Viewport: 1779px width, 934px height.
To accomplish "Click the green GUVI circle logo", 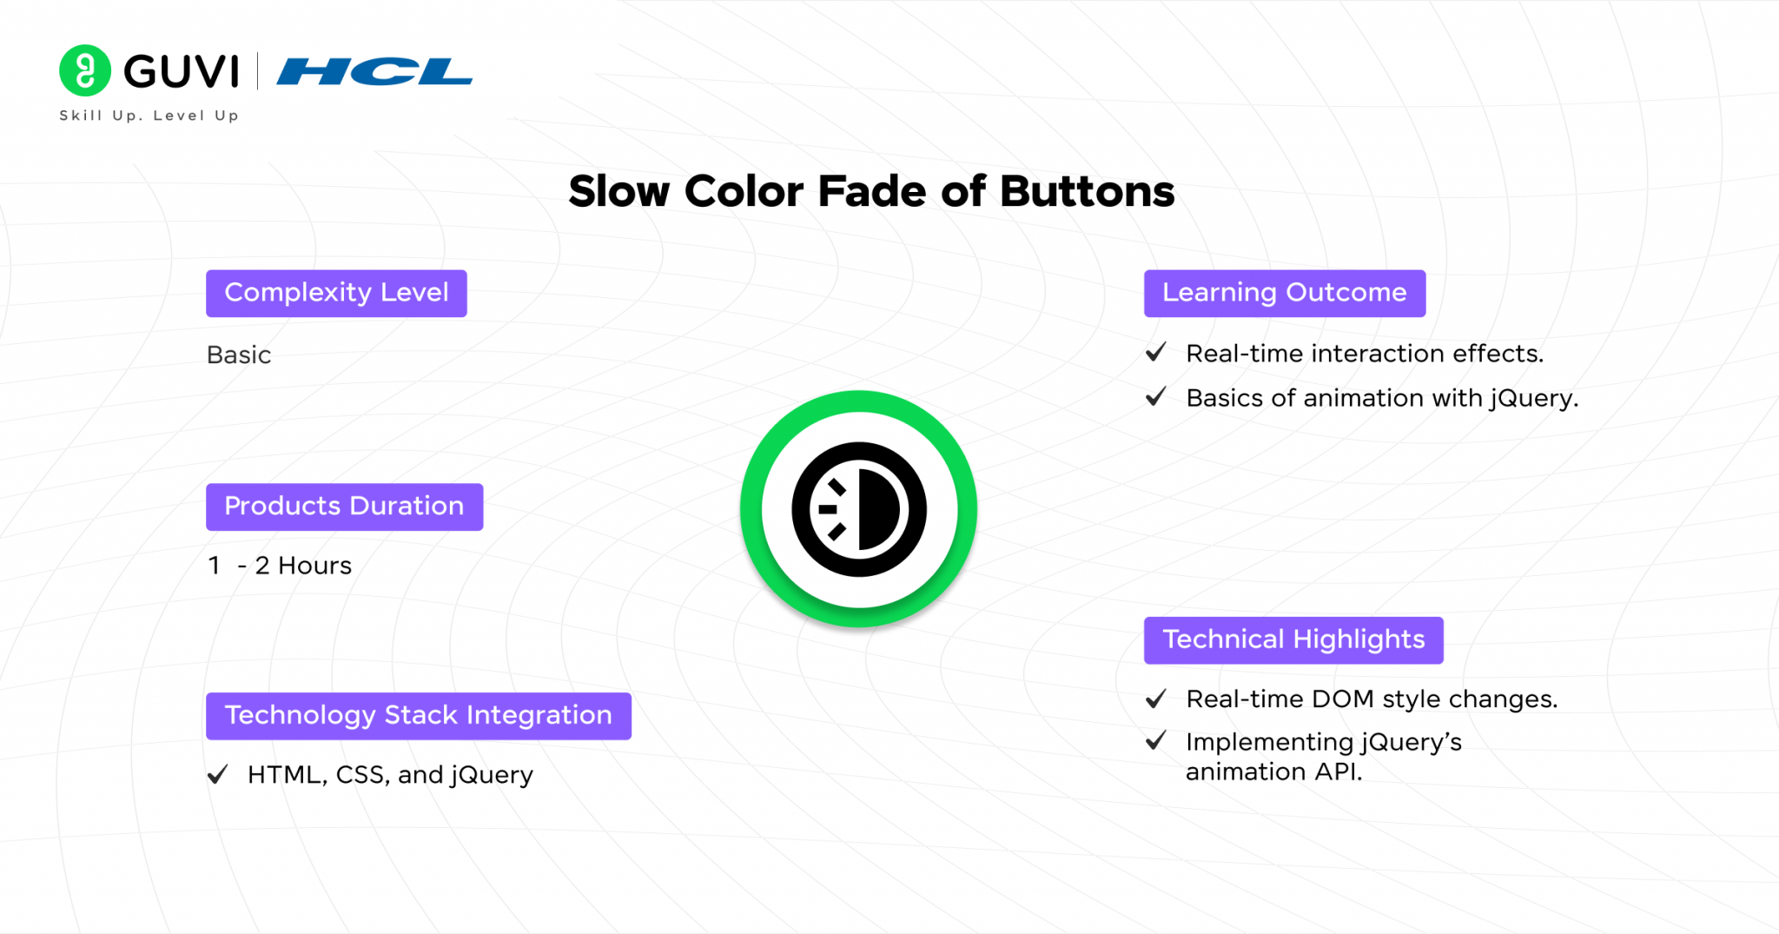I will [84, 70].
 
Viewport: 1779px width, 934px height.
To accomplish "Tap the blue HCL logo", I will [374, 71].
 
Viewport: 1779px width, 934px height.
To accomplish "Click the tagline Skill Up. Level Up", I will [149, 116].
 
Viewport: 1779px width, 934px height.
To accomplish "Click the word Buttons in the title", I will [1087, 191].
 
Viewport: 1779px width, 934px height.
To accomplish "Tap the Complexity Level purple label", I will [336, 293].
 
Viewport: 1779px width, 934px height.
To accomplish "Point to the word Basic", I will [239, 355].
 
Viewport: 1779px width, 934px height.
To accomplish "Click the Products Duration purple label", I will [344, 507].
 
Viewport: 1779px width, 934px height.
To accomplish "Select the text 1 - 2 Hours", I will [280, 566].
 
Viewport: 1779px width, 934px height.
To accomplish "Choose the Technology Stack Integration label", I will [418, 716].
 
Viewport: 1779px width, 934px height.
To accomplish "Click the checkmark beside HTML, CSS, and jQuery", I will [217, 774].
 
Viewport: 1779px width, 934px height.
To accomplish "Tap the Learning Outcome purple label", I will [1284, 293].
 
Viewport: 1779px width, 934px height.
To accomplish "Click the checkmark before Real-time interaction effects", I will [1155, 353].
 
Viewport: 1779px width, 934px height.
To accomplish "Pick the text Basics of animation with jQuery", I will [1381, 398].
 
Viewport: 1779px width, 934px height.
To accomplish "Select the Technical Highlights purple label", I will [1293, 640].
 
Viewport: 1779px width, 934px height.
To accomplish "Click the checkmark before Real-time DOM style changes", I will [1155, 699].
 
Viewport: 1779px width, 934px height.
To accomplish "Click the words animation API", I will [1273, 772].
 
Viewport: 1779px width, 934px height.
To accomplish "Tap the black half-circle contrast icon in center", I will [858, 509].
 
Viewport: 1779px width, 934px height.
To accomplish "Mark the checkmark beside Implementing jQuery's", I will [1155, 741].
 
